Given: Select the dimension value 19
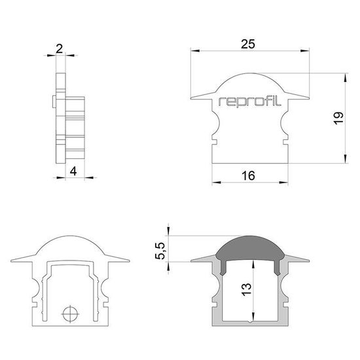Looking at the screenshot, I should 338,118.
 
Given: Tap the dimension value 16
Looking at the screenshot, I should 247,175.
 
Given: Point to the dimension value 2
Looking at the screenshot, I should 60,48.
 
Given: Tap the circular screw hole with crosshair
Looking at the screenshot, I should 70,314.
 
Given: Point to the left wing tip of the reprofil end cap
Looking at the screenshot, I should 192,98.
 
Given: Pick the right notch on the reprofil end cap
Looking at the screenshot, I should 285,137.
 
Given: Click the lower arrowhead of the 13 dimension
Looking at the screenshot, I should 253,317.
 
